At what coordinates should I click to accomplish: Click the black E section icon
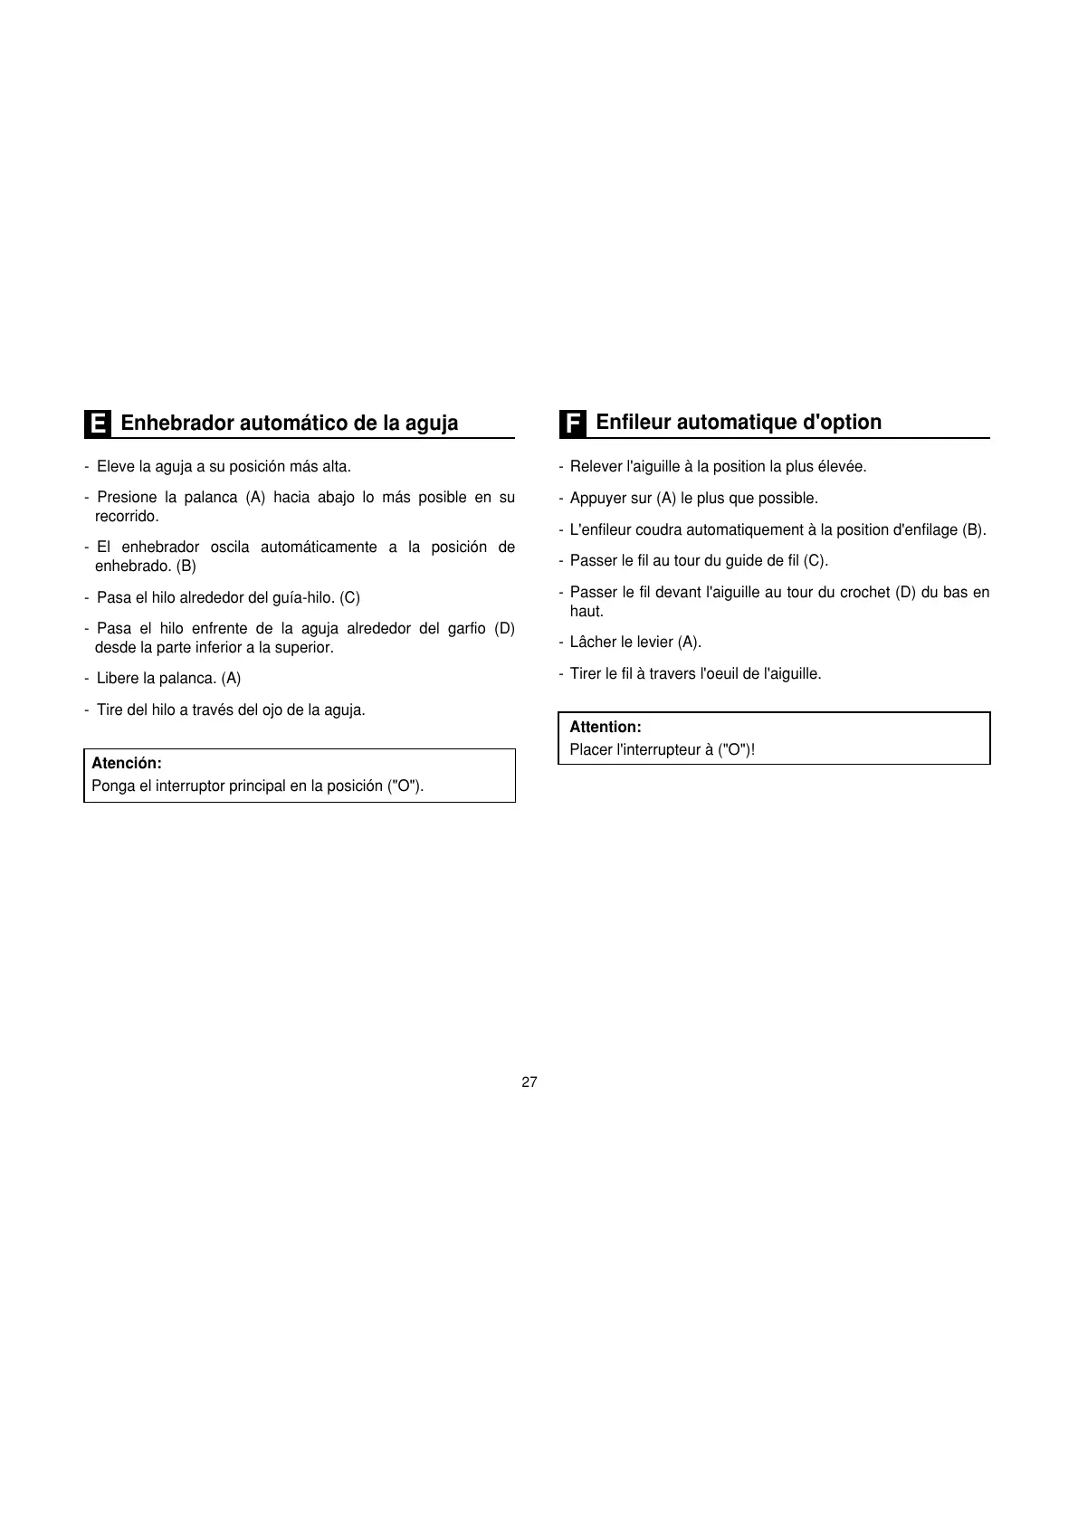[x=98, y=424]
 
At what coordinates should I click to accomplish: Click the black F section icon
[x=572, y=424]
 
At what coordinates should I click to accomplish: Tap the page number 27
[x=529, y=1082]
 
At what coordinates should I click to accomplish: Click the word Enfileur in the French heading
[x=633, y=422]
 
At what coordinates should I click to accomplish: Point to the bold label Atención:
[x=127, y=763]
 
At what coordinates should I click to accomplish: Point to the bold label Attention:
[x=606, y=727]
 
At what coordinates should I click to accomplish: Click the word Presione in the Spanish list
[x=127, y=498]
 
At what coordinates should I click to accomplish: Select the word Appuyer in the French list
[x=598, y=499]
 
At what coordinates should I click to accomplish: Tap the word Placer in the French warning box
[x=590, y=749]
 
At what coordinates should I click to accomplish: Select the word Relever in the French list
[x=596, y=467]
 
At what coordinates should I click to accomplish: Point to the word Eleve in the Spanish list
[x=114, y=467]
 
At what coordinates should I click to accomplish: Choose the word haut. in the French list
[x=587, y=612]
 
